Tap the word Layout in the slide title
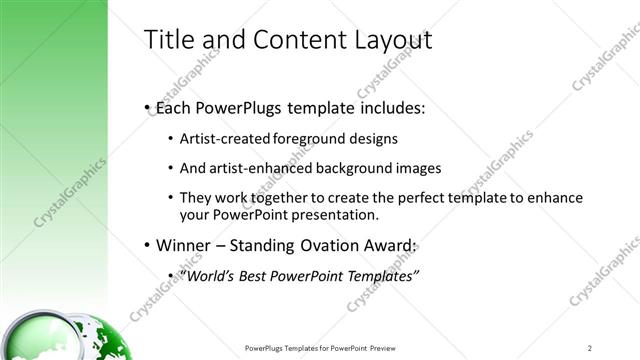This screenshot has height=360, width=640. coord(388,40)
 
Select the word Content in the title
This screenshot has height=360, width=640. coord(291,40)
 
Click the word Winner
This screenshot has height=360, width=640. coord(182,245)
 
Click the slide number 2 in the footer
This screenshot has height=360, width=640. coord(590,348)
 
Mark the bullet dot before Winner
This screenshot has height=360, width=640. coord(148,246)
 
